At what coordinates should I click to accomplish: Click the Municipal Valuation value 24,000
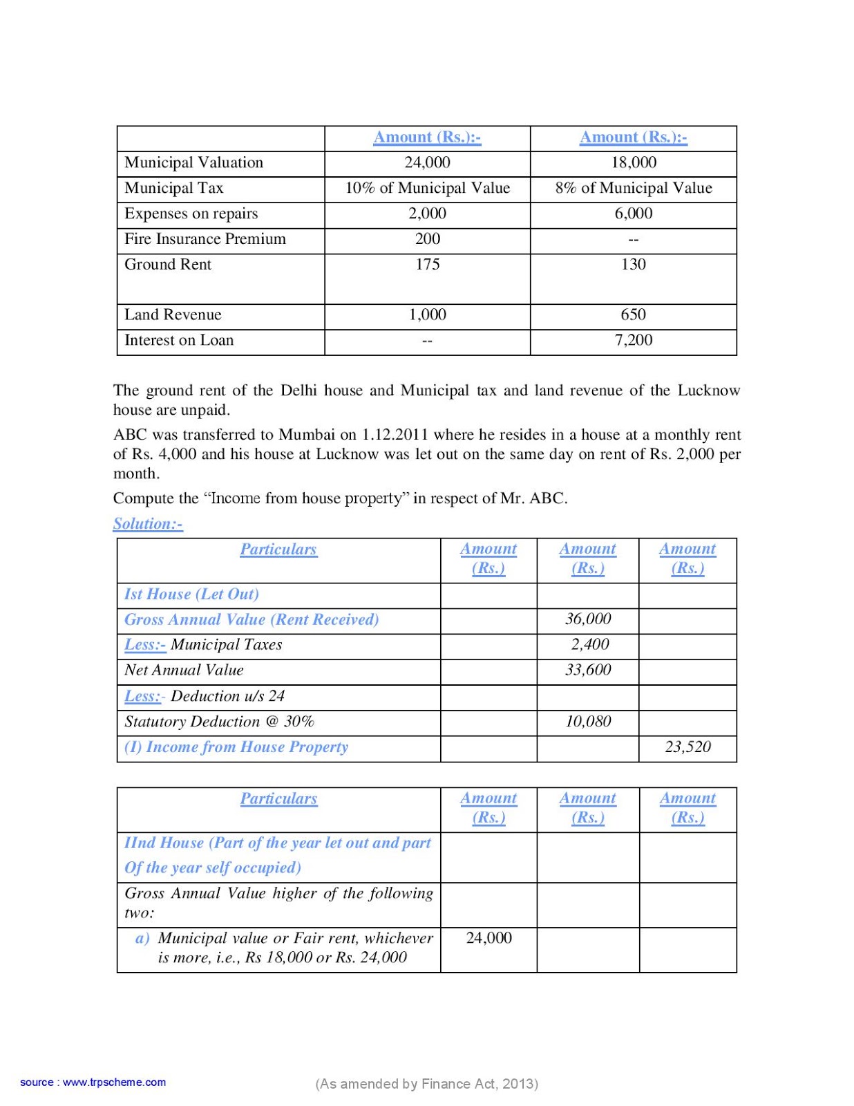coord(427,162)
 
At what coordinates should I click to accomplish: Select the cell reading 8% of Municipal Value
coord(634,188)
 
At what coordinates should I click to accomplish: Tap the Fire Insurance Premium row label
coord(205,239)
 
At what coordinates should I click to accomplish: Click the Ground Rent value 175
coord(427,264)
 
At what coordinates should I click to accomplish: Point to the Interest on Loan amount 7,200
coord(634,340)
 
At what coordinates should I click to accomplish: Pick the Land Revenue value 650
coord(634,315)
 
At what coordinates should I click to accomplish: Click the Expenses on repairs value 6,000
coord(634,214)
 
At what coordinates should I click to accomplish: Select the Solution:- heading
coord(148,524)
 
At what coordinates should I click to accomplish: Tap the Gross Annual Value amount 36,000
coord(588,619)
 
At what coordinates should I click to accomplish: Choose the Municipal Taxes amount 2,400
coord(590,644)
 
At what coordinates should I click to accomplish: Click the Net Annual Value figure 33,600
coord(588,670)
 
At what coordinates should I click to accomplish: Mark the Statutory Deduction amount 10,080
coord(588,722)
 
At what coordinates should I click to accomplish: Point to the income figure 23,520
coord(687,747)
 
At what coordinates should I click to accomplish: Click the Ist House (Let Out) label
coord(191,594)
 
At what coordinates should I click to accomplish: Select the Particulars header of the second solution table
coord(278,799)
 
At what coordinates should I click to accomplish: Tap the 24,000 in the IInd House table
coord(488,938)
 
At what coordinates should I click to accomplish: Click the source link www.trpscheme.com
coord(114,1082)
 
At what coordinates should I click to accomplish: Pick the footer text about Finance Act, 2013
coord(426,1084)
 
